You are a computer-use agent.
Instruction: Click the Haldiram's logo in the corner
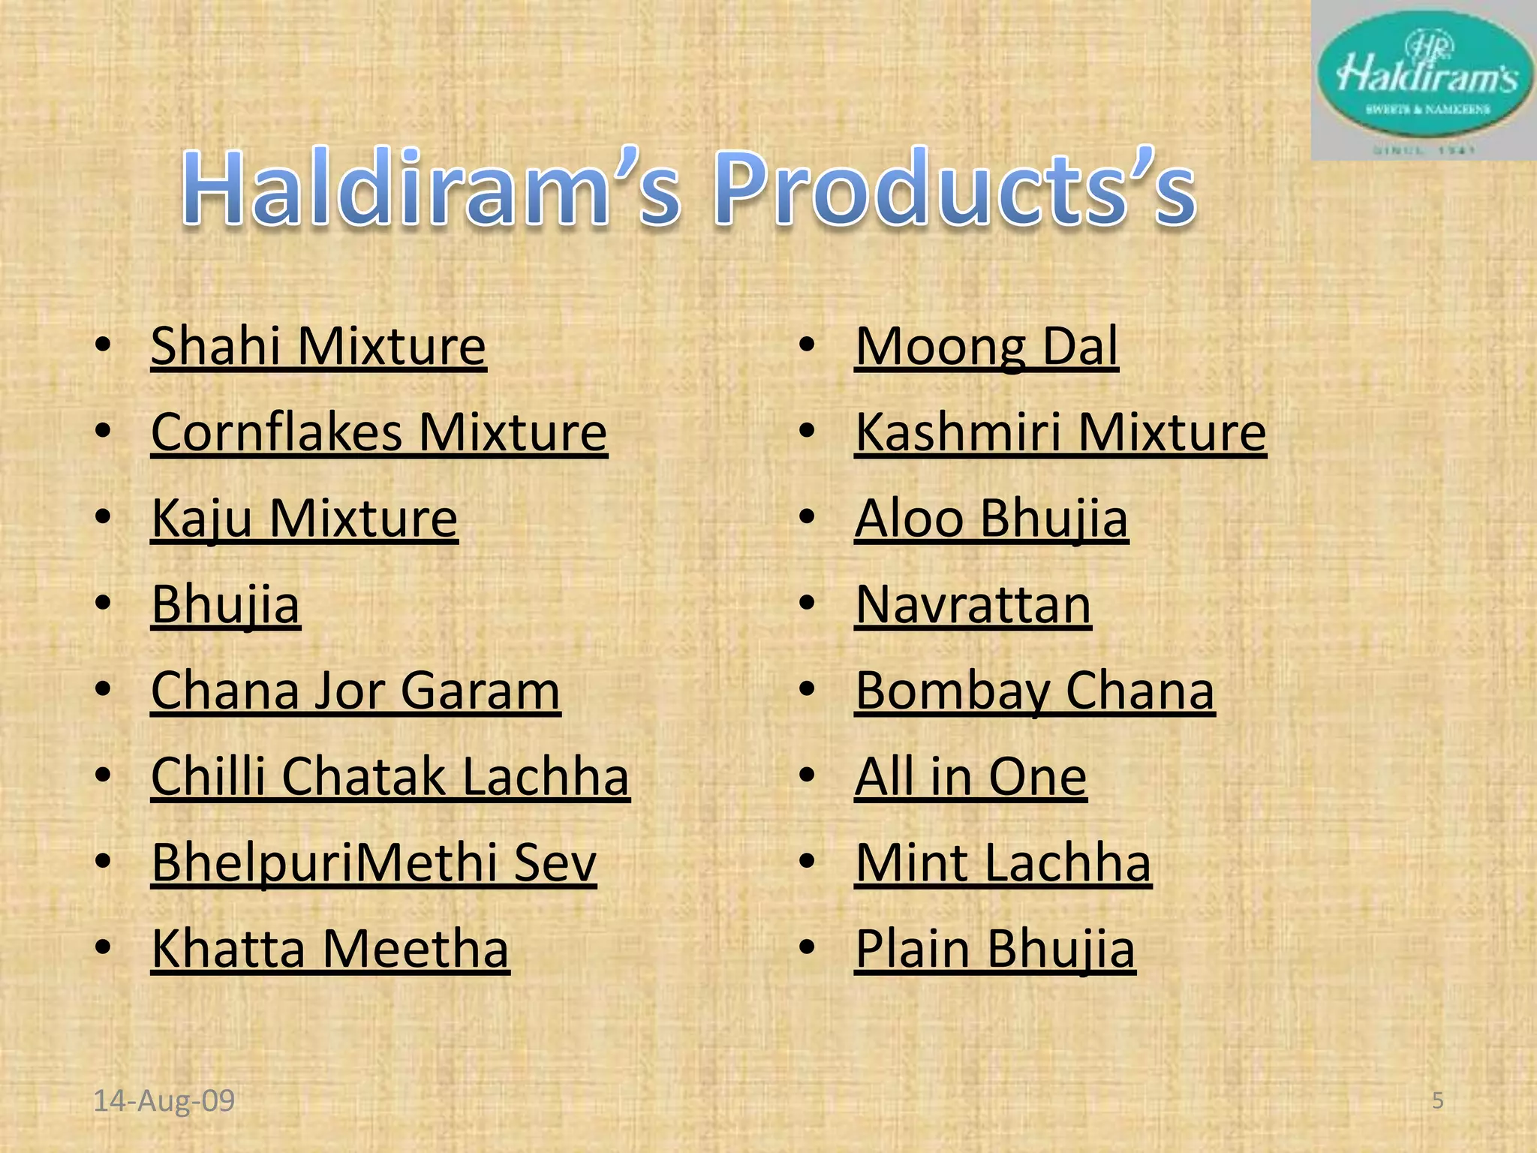1424,80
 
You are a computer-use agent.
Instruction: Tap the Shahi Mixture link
318,346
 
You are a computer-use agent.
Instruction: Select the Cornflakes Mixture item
379,432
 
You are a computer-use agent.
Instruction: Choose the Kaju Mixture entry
304,519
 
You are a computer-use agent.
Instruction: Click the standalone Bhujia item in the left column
225,604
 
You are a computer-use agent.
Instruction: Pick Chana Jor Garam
355,691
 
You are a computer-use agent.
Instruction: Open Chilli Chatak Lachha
390,776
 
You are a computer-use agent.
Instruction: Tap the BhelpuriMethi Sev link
374,862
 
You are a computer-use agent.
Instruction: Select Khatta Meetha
330,949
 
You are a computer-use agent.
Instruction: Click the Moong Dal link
986,346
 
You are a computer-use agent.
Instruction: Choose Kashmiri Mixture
1060,432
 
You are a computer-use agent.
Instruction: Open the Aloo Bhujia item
991,519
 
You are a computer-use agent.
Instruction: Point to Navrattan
973,604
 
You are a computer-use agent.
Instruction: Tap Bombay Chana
1035,691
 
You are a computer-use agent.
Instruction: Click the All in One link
970,776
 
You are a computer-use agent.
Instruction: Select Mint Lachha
1003,862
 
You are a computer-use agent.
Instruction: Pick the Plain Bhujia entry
995,949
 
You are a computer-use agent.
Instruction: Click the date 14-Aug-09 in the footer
164,1101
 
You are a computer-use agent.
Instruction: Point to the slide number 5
1438,1101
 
